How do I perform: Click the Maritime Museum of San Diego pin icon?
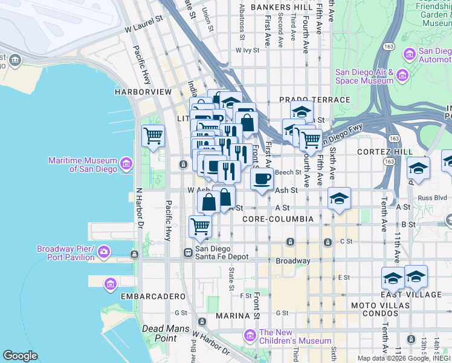pyautogui.click(x=126, y=163)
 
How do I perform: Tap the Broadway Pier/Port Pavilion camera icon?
pyautogui.click(x=104, y=251)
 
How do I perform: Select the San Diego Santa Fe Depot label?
pyautogui.click(x=221, y=252)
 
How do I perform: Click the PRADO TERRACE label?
pyautogui.click(x=314, y=99)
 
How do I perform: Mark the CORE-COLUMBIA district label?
pyautogui.click(x=277, y=218)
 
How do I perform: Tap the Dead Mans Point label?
pyautogui.click(x=158, y=333)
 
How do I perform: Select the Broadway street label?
pyautogui.click(x=293, y=261)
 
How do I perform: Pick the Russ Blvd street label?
pyautogui.click(x=431, y=197)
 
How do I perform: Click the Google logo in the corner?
pyautogui.click(x=20, y=356)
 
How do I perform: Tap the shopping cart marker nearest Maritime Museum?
pyautogui.click(x=153, y=136)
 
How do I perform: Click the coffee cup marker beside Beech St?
pyautogui.click(x=262, y=179)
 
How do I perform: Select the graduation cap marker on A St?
pyautogui.click(x=340, y=198)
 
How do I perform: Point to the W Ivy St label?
pyautogui.click(x=247, y=51)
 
